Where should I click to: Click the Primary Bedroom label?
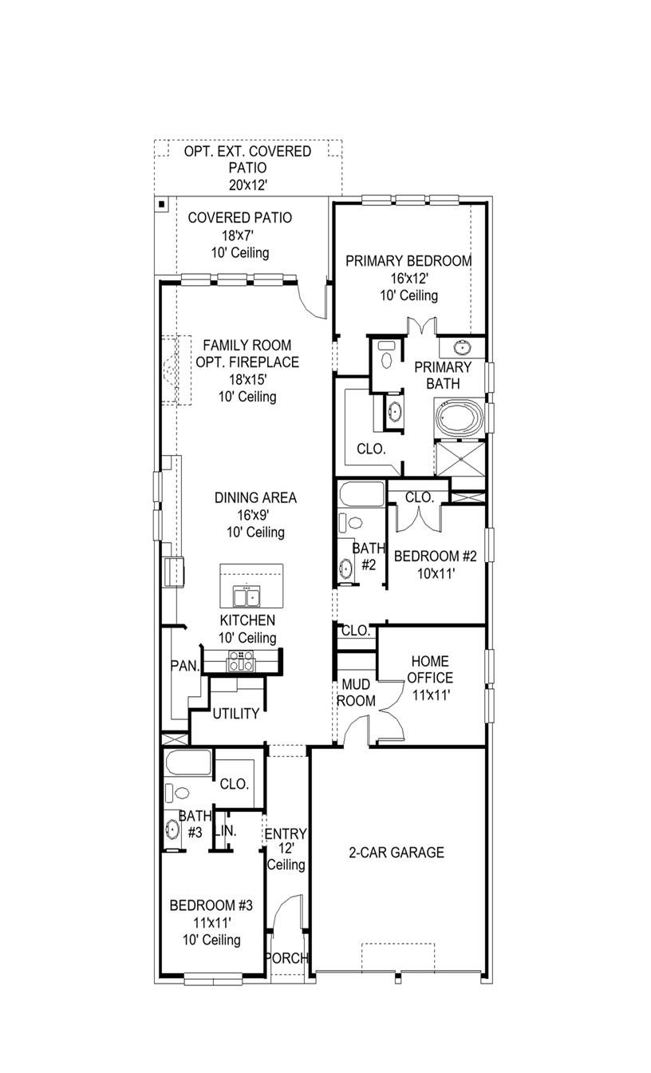pos(408,261)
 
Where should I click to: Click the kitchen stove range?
pos(241,660)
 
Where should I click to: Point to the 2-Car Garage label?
pos(396,853)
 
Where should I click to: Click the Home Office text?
pos(431,670)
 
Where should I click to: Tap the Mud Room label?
pos(354,692)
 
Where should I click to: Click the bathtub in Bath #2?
pos(361,493)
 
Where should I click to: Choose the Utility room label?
pos(235,714)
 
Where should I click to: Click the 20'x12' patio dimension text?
pos(247,184)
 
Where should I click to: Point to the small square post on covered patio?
pos(161,204)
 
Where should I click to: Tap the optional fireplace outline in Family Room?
pos(172,370)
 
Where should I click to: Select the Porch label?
pos(286,958)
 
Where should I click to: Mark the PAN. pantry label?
pos(184,666)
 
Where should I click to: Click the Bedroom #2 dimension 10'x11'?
pos(435,572)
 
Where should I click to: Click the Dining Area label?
pos(255,497)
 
